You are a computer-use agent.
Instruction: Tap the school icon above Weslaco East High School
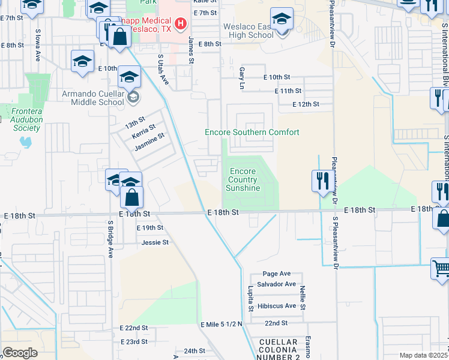(282, 19)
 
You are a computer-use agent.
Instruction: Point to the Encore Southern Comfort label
(252, 132)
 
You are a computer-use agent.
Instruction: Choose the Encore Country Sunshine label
(243, 179)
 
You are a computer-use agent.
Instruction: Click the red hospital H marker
(181, 24)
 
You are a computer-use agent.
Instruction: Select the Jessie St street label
(155, 242)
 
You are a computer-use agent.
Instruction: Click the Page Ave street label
(276, 273)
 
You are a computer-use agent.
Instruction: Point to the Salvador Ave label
(276, 284)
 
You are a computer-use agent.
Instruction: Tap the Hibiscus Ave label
(276, 305)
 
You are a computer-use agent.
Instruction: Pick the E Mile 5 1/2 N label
(221, 324)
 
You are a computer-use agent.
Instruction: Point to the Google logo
(20, 353)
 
